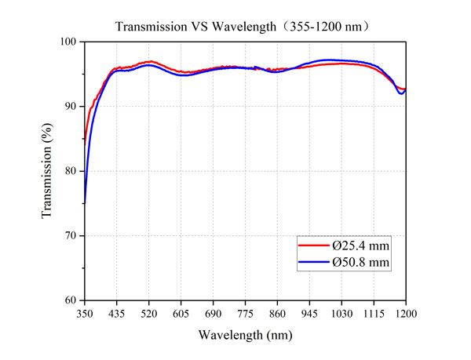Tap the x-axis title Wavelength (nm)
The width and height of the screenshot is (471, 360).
tap(246, 335)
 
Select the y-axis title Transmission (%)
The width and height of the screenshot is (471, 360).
tap(48, 171)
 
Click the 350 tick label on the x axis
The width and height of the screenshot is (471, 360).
tap(85, 314)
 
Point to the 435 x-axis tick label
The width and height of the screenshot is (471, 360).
tap(117, 314)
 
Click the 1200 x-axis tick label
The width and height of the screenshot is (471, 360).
tap(406, 314)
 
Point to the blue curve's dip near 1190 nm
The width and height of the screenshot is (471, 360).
tap(401, 93)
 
